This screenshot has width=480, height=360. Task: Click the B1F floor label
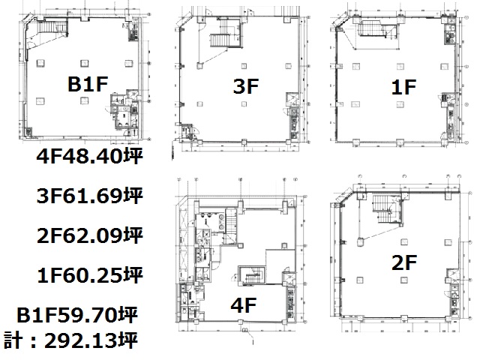pyautogui.click(x=88, y=84)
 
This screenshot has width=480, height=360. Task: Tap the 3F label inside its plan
pyautogui.click(x=246, y=86)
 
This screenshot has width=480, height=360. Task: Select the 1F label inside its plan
pyautogui.click(x=403, y=87)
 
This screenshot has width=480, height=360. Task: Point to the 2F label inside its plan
pyautogui.click(x=404, y=262)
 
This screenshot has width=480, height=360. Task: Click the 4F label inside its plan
pyautogui.click(x=243, y=305)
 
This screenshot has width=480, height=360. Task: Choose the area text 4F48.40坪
pyautogui.click(x=89, y=157)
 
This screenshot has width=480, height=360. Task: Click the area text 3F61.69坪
pyautogui.click(x=89, y=196)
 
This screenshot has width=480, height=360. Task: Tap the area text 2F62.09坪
pyautogui.click(x=89, y=235)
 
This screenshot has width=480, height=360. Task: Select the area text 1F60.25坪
pyautogui.click(x=89, y=275)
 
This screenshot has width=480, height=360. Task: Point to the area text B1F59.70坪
pyautogui.click(x=77, y=315)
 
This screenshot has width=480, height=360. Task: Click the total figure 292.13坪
pyautogui.click(x=91, y=340)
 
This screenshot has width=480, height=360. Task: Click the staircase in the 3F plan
pyautogui.click(x=220, y=40)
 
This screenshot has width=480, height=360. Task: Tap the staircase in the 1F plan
pyautogui.click(x=371, y=30)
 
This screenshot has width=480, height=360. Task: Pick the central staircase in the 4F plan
pyautogui.click(x=253, y=276)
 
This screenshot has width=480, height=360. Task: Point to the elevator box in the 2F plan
pyautogui.click(x=451, y=273)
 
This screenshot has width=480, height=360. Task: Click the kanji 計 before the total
pyautogui.click(x=13, y=340)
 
